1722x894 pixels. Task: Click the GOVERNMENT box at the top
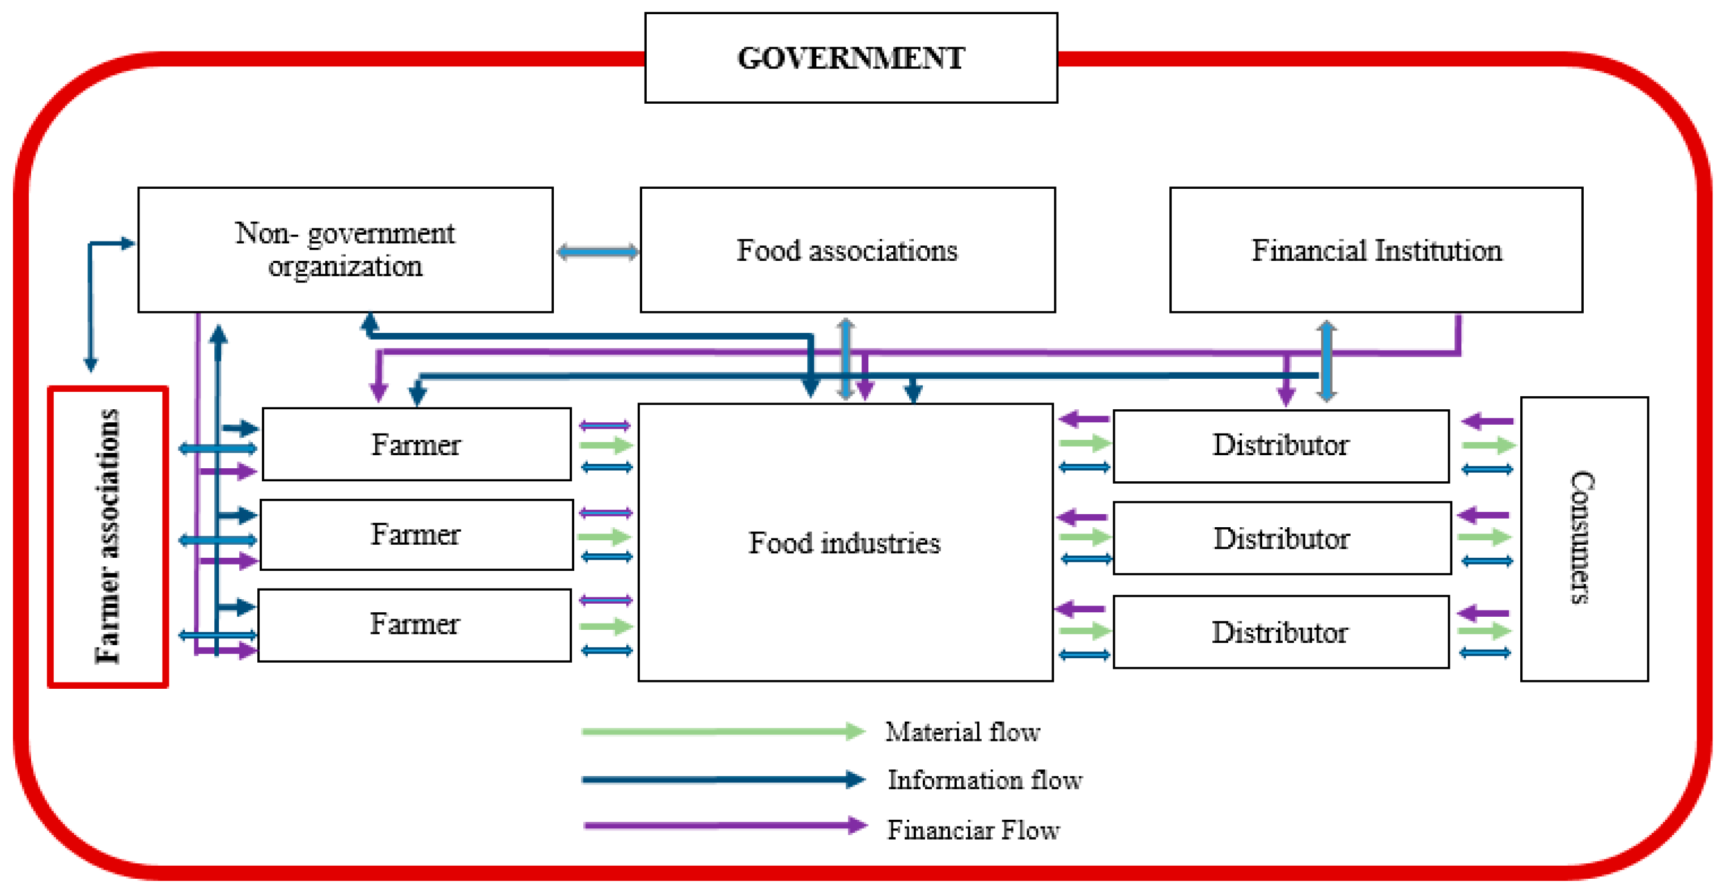850,58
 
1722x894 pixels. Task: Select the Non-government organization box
345,249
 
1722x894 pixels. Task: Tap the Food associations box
847,249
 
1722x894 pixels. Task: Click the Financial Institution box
1376,249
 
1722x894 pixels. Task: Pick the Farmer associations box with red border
108,536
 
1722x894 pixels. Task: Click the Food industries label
845,543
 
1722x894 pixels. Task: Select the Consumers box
1584,539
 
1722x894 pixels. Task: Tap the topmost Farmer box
416,444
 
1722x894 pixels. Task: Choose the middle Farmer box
416,534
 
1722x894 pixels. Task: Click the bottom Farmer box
414,625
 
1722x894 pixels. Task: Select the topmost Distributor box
1280,446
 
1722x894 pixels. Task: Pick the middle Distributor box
1281,539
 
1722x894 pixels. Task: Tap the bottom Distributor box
1279,632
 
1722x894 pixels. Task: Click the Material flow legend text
962,731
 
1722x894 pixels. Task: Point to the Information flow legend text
984,779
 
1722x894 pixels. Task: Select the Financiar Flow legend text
973,830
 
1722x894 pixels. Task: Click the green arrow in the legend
722,731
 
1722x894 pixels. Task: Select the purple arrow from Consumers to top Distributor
1487,421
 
